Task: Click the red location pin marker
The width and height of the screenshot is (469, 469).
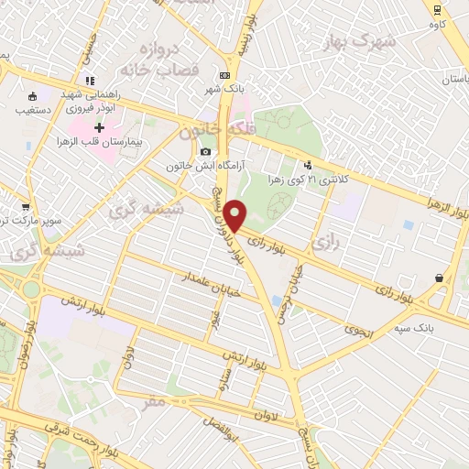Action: (235, 215)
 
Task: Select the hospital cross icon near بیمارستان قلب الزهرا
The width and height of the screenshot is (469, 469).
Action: (99, 125)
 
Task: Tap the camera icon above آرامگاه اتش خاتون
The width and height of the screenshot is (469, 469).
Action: (205, 151)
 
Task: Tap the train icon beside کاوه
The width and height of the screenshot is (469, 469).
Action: (437, 8)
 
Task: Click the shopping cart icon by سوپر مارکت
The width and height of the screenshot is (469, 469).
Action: (25, 207)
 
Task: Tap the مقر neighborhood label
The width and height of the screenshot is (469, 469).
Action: (156, 400)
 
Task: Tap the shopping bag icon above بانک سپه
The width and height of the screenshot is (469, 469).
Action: (440, 278)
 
